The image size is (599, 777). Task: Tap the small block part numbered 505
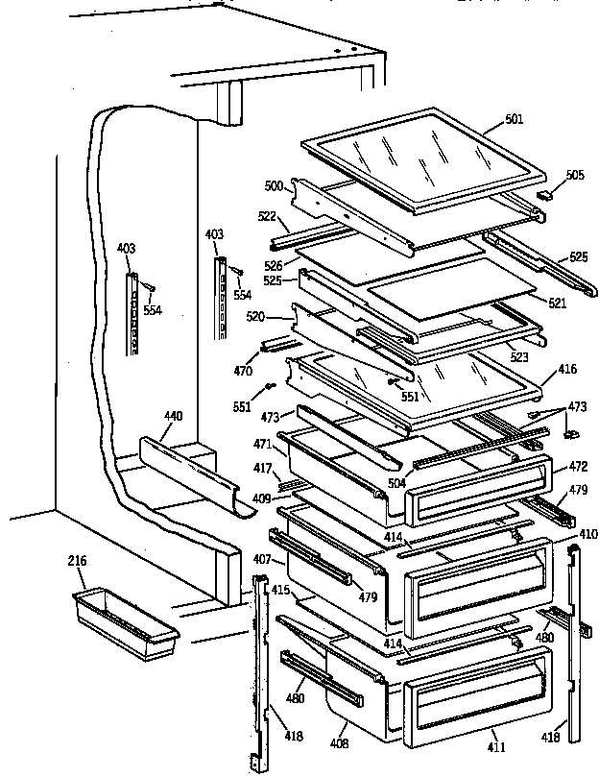[x=547, y=193]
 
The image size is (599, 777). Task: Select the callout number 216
[x=77, y=559]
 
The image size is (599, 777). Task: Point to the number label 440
[x=173, y=416]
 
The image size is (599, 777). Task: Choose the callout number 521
[x=557, y=303]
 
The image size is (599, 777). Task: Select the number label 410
[x=587, y=533]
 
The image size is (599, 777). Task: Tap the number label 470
[x=244, y=370]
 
